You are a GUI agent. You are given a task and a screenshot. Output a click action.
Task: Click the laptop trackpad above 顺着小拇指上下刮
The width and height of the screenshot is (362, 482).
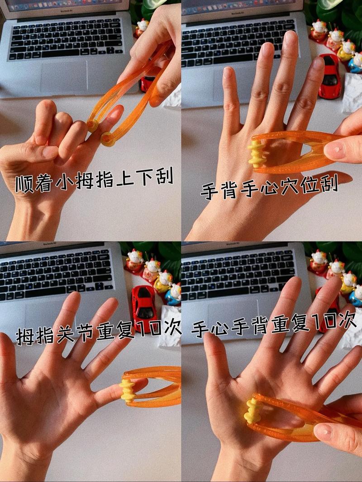pyautogui.click(x=64, y=75)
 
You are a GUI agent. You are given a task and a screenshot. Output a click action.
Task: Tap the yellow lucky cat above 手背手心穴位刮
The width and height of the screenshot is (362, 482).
pyautogui.click(x=347, y=50)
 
